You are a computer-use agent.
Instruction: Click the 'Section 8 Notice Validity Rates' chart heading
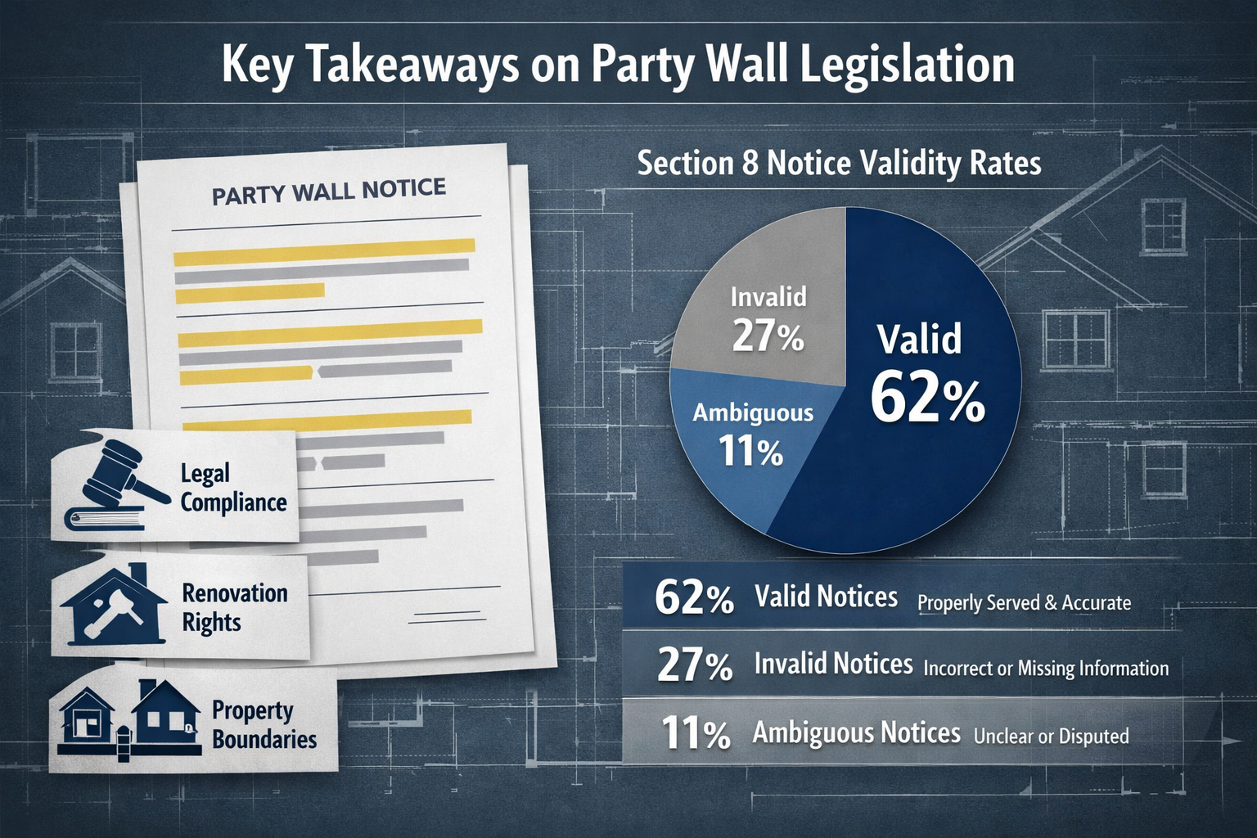tap(839, 163)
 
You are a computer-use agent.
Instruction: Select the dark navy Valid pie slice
tap(925, 458)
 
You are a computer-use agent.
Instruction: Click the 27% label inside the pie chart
tap(768, 335)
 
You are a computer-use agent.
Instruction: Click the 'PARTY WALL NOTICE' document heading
tap(329, 191)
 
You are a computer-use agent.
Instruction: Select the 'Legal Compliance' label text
tap(233, 488)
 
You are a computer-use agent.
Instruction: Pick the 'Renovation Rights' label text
tap(235, 607)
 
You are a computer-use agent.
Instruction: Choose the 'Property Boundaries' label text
tap(264, 724)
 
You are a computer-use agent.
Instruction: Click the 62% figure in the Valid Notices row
tap(694, 598)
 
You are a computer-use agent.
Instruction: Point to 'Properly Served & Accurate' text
tap(1024, 603)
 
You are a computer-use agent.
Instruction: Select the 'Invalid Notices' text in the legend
tap(833, 664)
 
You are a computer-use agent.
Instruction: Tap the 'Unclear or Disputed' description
tap(1051, 736)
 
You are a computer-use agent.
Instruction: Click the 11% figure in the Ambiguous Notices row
tap(695, 733)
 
